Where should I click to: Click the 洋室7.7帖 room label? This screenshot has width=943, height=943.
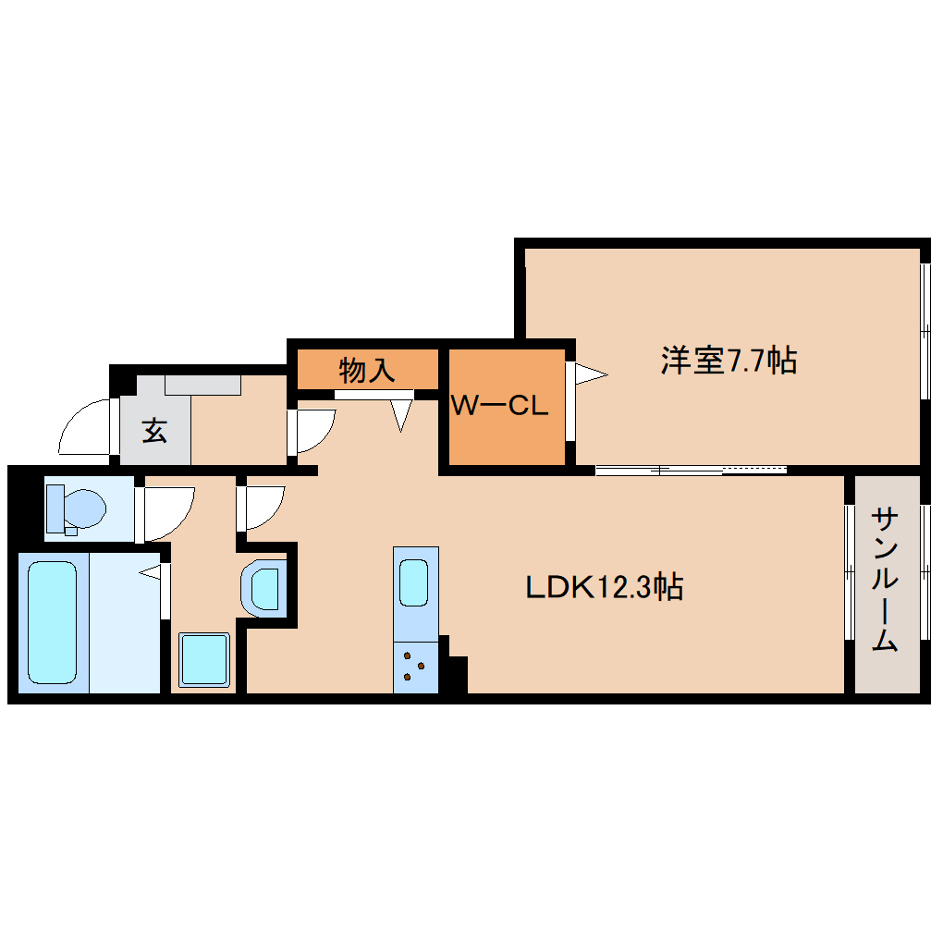729,361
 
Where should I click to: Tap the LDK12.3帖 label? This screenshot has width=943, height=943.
605,586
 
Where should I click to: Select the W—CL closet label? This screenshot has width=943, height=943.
500,405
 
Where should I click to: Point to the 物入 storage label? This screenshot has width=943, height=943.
367,371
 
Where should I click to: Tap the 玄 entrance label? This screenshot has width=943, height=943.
154,430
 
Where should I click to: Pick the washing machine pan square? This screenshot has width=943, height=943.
203,660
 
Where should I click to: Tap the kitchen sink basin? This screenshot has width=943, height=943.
415,583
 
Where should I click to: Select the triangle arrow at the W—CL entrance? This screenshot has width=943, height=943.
589,374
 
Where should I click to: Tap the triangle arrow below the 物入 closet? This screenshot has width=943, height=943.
401,414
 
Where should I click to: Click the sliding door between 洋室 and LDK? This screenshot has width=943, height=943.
691,470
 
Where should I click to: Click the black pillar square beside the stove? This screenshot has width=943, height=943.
457,674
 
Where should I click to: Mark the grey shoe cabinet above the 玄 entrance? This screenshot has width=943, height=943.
202,385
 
